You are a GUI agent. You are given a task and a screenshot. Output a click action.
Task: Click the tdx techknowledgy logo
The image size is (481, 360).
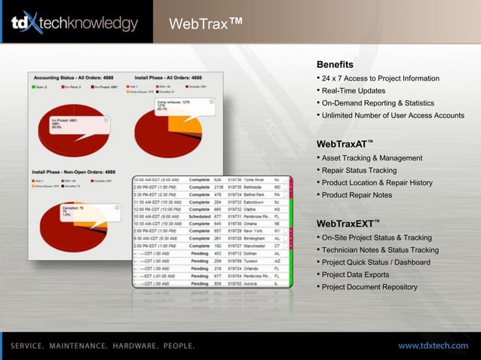point(74,24)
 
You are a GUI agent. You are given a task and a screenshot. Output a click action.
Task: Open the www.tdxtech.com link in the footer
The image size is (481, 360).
point(433,345)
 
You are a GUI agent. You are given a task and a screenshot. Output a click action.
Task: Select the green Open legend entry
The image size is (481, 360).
point(40,87)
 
